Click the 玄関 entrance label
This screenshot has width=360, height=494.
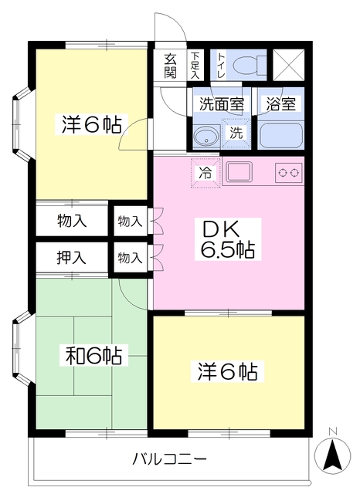(170, 66)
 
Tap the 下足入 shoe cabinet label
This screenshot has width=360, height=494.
(195, 66)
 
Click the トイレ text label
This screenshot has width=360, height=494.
(222, 66)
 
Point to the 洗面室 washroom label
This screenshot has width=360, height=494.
(222, 104)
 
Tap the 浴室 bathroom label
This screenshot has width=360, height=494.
(281, 104)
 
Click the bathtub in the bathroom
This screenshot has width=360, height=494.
(280, 136)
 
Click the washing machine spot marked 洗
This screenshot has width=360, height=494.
(236, 133)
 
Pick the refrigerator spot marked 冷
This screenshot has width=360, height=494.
(205, 173)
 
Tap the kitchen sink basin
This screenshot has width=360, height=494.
(239, 172)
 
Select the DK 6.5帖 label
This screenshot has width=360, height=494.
(228, 239)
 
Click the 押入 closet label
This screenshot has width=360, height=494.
(71, 258)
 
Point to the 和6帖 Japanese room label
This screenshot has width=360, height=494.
(94, 355)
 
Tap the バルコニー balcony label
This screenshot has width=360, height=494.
(169, 459)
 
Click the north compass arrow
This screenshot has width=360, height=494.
(332, 454)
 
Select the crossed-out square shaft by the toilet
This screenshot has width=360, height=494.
(288, 65)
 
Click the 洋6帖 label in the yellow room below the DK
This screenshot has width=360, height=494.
(228, 372)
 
